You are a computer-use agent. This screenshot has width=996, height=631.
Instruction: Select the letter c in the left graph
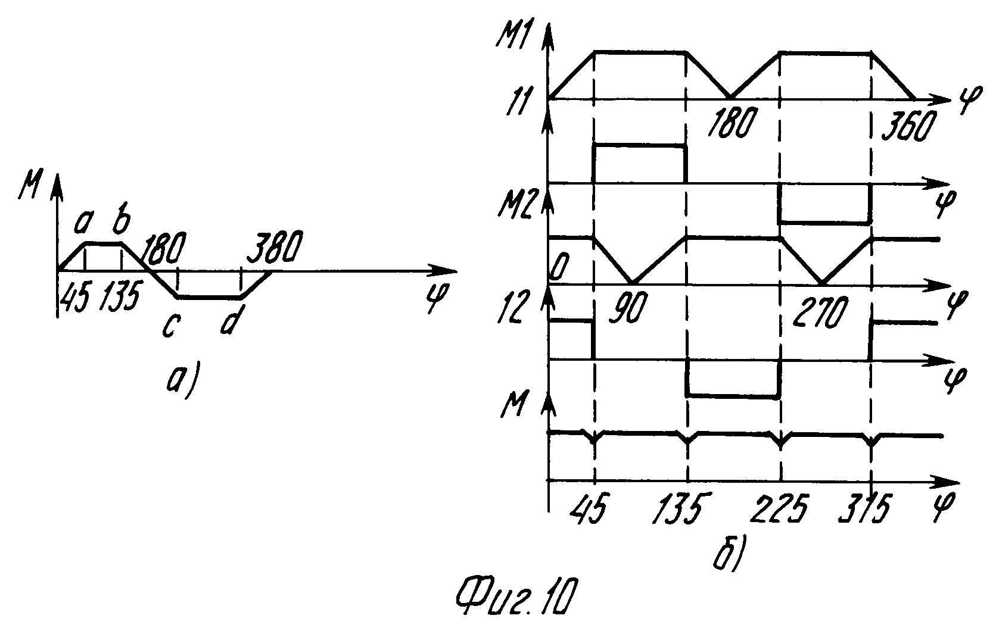pyautogui.click(x=170, y=324)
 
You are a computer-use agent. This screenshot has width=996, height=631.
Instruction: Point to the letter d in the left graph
pyautogui.click(x=229, y=322)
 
